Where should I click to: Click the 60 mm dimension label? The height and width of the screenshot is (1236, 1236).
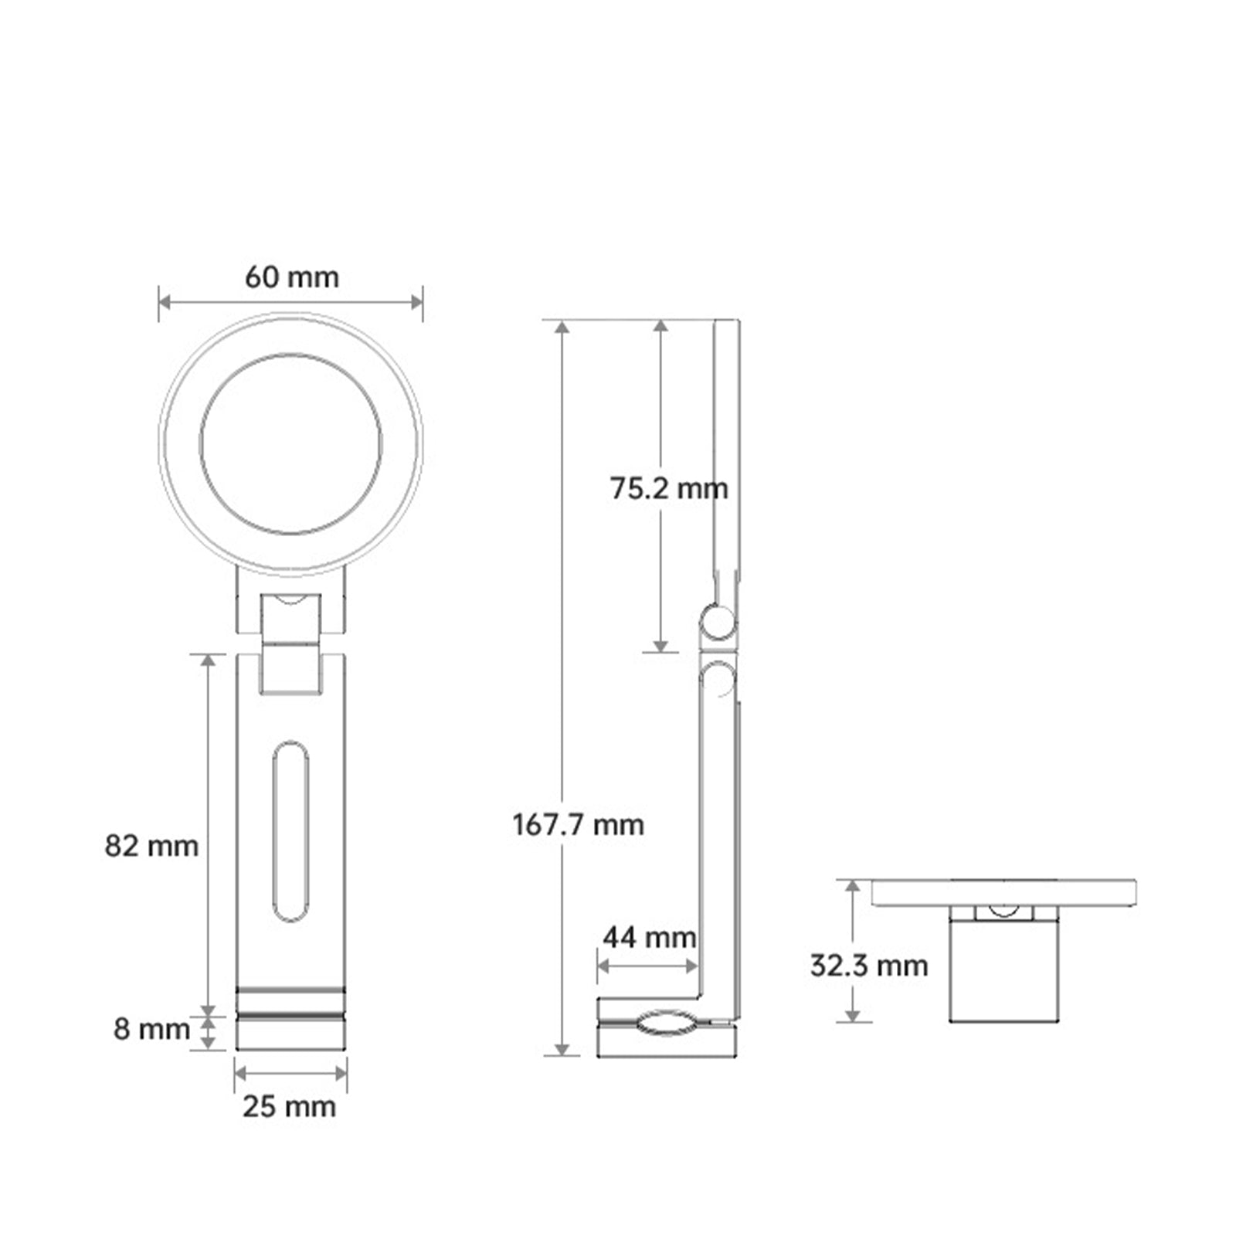pos(291,277)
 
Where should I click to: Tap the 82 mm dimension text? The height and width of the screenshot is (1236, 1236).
pos(151,846)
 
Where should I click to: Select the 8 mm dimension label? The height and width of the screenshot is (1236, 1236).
pos(151,1029)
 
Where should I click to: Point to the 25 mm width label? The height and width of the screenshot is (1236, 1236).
pos(289,1106)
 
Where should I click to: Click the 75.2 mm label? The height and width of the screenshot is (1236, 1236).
pos(668,488)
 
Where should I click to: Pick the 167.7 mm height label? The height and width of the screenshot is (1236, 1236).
pos(578,825)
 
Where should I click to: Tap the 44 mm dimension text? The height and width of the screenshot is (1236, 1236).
pos(649,938)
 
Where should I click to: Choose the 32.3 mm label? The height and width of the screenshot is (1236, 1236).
pos(868,966)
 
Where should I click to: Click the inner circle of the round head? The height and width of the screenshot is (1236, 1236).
pos(290,443)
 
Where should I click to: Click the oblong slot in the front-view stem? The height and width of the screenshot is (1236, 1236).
pos(290,830)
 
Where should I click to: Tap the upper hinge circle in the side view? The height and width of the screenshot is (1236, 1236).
pos(718,623)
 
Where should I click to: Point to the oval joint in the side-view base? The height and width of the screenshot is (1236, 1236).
pos(666,1022)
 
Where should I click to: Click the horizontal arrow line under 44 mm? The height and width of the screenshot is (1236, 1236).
pos(647,966)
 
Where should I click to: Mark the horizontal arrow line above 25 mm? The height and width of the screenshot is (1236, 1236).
pos(290,1073)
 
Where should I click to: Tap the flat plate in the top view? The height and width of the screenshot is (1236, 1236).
pos(1003,892)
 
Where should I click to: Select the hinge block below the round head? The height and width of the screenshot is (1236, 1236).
pos(290,643)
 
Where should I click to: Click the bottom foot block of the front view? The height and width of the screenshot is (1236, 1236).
pos(290,1034)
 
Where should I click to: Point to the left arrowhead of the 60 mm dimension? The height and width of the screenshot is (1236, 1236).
pos(165,301)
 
